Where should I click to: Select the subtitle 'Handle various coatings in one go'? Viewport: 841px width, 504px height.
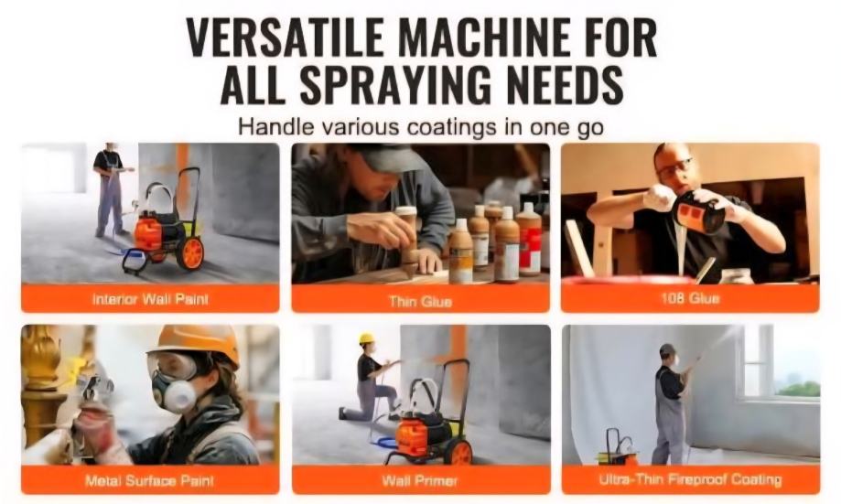click(x=421, y=128)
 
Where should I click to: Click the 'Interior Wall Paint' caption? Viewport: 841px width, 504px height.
click(x=150, y=298)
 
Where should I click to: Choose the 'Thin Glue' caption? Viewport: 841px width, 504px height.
click(x=421, y=301)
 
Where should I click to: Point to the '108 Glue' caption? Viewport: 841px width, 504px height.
click(x=690, y=298)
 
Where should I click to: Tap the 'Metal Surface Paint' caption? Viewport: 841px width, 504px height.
click(x=150, y=480)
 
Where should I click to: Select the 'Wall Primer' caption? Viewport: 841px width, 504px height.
click(x=420, y=480)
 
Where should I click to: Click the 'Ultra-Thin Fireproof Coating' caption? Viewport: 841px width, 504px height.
click(x=690, y=478)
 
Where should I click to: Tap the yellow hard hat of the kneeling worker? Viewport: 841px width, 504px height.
click(x=366, y=338)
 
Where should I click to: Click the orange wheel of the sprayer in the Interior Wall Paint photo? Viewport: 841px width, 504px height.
click(x=190, y=252)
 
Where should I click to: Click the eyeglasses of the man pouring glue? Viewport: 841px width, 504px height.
click(x=674, y=166)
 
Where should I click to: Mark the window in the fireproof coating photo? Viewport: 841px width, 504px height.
click(x=781, y=362)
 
